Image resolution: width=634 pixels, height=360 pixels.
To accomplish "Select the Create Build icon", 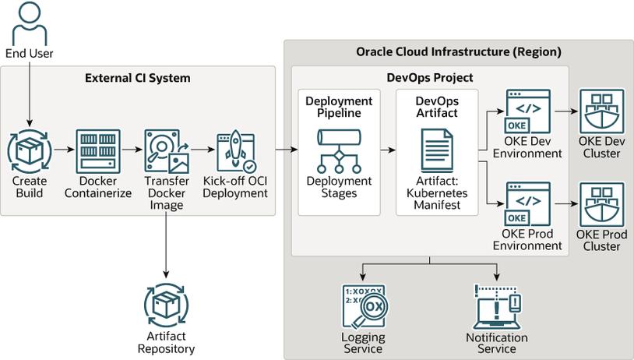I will (x=30, y=151).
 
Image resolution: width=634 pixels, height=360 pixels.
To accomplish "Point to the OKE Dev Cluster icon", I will (x=602, y=111).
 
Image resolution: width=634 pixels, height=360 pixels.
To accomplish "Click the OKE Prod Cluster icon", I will (x=602, y=205).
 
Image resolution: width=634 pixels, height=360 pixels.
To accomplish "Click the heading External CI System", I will (x=137, y=78).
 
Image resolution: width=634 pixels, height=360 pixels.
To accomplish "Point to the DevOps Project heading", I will (x=430, y=78).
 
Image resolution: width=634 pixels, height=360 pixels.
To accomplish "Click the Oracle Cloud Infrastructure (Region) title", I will (x=459, y=53).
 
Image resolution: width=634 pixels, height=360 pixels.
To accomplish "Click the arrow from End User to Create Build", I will (x=30, y=94).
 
